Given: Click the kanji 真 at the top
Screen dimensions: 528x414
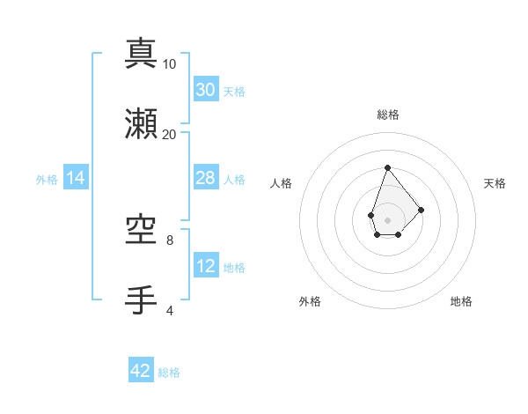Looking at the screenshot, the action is tap(141, 54).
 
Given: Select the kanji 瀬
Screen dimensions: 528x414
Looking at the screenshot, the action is tap(141, 124).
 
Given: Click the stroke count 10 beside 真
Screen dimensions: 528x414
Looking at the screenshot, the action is tap(170, 64).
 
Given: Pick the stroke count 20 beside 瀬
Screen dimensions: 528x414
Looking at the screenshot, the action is tap(170, 135).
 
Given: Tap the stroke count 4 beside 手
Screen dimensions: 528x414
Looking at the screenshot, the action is tap(170, 311).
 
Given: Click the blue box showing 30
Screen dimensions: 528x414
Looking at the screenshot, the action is tap(206, 90).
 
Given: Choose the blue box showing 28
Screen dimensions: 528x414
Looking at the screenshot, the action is tap(206, 178).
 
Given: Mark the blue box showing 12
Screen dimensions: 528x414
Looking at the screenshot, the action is tap(206, 266).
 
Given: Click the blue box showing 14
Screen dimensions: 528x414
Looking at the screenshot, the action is tap(76, 178).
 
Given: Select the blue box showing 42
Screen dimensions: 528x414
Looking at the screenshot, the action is tap(141, 371).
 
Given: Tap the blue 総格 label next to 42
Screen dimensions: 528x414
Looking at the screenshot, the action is tap(169, 373).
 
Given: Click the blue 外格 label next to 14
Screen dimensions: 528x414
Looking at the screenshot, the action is tap(47, 179).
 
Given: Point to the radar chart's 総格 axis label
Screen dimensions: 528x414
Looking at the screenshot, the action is tap(387, 115).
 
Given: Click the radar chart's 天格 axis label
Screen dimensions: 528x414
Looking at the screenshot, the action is tap(495, 183).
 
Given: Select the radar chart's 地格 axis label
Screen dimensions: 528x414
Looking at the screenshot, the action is tap(461, 301).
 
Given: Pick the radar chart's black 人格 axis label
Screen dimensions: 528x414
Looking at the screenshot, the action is tap(281, 183).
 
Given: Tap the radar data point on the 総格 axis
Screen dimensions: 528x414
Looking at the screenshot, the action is tap(387, 167).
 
